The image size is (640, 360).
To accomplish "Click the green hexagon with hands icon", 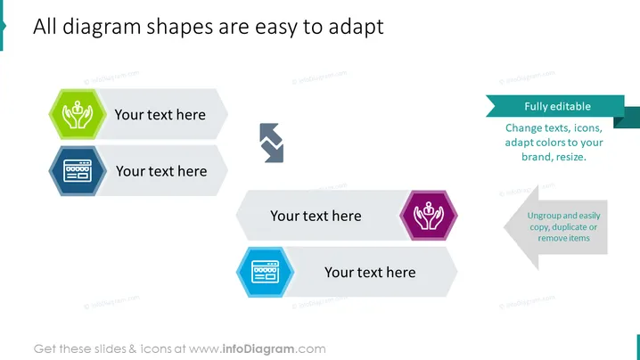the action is [x=78, y=114].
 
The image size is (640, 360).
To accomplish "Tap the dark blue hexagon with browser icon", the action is [x=78, y=170].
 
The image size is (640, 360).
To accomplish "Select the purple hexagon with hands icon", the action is [x=429, y=215].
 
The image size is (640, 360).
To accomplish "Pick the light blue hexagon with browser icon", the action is [x=266, y=272].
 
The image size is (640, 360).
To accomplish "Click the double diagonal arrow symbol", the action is [x=272, y=143].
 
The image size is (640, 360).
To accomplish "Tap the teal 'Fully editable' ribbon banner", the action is [x=555, y=107].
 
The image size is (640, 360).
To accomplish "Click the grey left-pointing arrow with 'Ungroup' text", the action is [x=556, y=227].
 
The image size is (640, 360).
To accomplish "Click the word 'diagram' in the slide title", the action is [x=102, y=28].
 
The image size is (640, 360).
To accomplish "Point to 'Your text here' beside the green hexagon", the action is [x=160, y=115].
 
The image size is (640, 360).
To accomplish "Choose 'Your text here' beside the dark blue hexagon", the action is [x=161, y=171].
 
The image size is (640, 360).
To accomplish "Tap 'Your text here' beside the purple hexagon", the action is [x=316, y=216].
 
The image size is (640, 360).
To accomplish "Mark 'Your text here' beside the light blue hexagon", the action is [x=370, y=273].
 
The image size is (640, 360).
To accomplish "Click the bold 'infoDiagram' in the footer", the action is [x=258, y=349].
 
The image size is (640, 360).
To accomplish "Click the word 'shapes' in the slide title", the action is [x=180, y=28].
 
